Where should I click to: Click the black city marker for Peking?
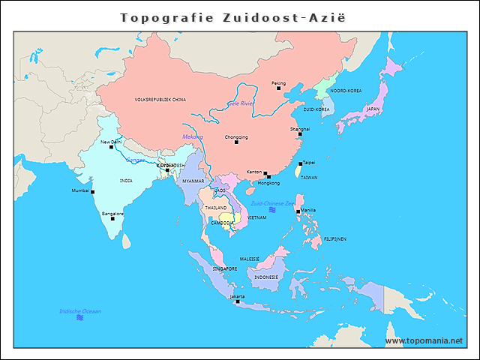278,88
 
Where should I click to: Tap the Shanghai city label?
299,129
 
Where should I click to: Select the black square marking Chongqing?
236,142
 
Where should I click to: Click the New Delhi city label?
110,141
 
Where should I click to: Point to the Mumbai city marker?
93,191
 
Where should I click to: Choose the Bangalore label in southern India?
112,214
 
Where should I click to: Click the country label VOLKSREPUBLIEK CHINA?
160,99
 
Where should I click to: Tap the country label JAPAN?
373,109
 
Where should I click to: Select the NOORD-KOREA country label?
346,90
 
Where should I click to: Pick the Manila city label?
308,209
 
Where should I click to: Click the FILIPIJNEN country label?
334,238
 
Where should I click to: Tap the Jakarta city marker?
237,301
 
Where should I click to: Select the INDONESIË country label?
266,277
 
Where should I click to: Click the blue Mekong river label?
193,136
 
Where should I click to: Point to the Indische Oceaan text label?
80,310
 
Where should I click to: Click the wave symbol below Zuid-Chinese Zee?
272,210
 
